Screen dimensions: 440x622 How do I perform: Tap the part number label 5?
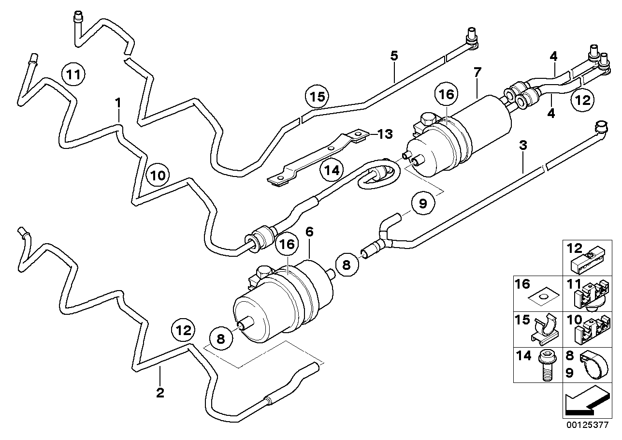coord(394,56)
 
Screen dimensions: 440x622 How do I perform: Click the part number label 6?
coord(309,232)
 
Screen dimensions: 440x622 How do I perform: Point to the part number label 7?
coord(477,73)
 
